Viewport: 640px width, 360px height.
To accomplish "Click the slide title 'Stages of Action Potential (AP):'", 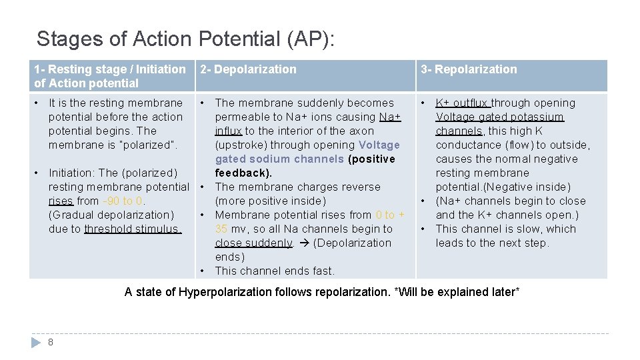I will tap(186, 39).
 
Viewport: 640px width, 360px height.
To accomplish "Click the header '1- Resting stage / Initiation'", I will tap(110, 69).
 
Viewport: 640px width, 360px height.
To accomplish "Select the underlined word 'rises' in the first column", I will tap(61, 201).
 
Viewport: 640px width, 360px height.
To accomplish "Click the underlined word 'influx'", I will tap(229, 131).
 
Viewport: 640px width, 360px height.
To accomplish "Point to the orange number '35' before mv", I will tap(221, 229).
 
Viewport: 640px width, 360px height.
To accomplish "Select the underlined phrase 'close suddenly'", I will tap(253, 243).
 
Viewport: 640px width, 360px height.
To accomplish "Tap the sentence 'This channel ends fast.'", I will tap(275, 271).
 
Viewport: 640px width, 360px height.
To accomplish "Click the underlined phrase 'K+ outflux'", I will tap(463, 103).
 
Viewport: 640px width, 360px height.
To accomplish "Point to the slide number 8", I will tap(51, 342).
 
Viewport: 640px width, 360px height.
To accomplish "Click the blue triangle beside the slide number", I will tap(36, 342).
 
